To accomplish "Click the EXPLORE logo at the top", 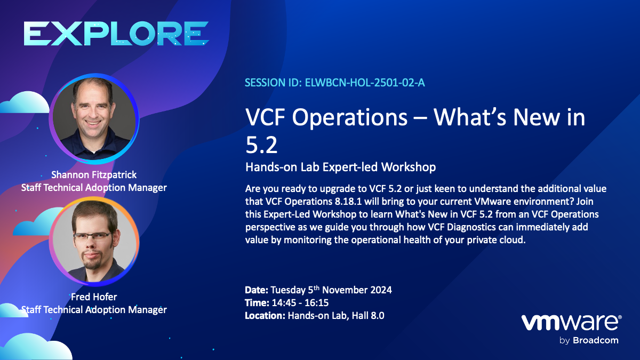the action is point(116,34).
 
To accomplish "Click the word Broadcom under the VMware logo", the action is point(595,340).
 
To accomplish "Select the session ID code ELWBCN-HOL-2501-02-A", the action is point(365,83).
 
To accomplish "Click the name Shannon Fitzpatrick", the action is point(94,174).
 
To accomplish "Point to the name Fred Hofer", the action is point(94,297).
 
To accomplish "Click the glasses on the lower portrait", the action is point(93,236).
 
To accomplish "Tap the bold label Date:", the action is point(257,290).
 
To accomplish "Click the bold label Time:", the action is point(257,303).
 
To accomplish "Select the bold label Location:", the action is point(265,316).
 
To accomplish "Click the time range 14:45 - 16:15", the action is point(300,303).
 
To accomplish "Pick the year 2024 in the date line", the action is point(381,290).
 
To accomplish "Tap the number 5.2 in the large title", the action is point(261,145).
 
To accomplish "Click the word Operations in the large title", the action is point(349,118).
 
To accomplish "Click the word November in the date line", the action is point(345,290).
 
